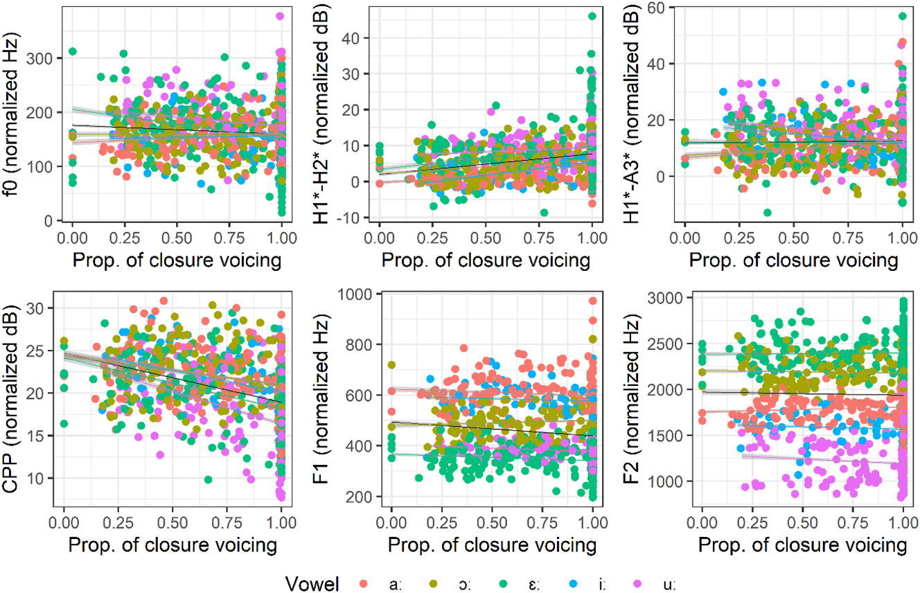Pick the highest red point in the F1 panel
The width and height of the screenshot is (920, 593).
click(x=593, y=301)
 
